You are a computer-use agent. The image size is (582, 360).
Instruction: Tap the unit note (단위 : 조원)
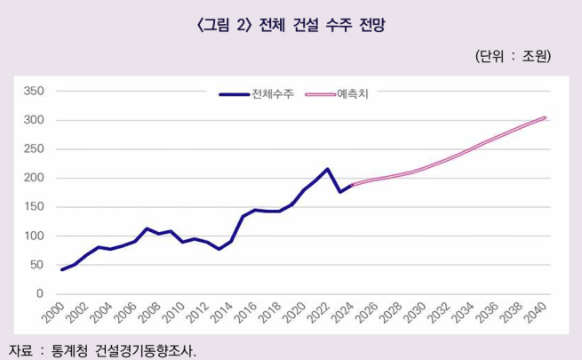pyautogui.click(x=514, y=56)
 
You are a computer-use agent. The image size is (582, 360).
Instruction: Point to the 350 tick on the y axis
pyautogui.click(x=33, y=91)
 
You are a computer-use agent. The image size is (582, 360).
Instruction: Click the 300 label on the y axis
pyautogui.click(x=33, y=120)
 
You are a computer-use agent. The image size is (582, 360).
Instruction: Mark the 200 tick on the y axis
pyautogui.click(x=33, y=178)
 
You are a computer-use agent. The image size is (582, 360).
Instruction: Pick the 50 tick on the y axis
pyautogui.click(x=36, y=265)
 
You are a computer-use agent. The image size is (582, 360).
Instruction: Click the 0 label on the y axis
pyautogui.click(x=39, y=294)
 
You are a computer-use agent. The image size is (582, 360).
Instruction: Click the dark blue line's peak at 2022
pyautogui.click(x=327, y=169)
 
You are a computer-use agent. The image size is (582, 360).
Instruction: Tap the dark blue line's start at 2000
pyautogui.click(x=62, y=269)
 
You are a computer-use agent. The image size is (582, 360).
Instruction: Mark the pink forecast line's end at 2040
pyautogui.click(x=544, y=117)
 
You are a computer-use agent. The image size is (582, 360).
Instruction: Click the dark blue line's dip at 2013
pyautogui.click(x=219, y=249)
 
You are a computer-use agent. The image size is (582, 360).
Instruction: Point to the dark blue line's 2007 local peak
pyautogui.click(x=147, y=228)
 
